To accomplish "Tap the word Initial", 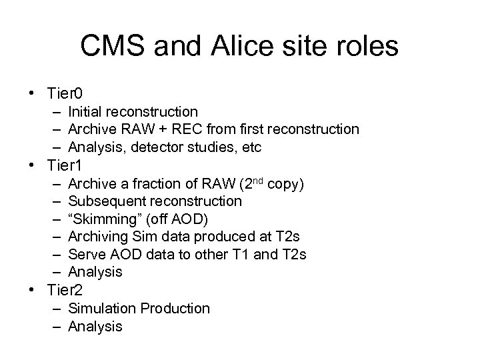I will tap(87, 111).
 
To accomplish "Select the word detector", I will tap(157, 145).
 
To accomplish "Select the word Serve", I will tap(85, 254).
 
